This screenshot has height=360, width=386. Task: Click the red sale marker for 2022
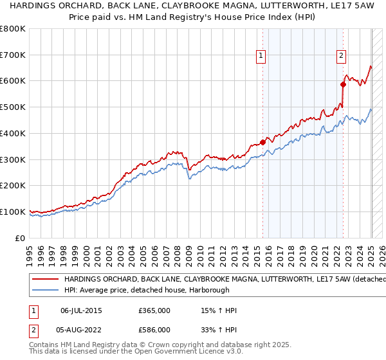click(343, 84)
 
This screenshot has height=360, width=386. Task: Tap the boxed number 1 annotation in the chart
click(261, 56)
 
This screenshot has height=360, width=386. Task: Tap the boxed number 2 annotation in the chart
click(340, 56)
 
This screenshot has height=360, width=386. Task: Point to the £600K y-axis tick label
click(13, 81)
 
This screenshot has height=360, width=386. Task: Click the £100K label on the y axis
click(13, 212)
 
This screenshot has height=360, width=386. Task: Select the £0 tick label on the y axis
click(21, 238)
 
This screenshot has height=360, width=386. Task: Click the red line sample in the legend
click(45, 280)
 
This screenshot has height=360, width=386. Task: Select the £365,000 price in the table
click(154, 310)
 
